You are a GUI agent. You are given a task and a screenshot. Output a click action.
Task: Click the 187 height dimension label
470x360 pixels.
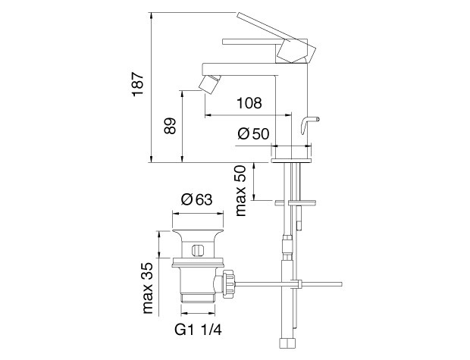[x=138, y=84]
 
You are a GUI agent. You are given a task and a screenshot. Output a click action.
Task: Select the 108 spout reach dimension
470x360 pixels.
[x=249, y=103]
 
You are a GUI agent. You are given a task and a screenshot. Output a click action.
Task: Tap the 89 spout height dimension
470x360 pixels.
[x=170, y=126]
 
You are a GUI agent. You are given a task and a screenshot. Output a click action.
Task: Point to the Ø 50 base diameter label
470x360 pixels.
[x=253, y=133]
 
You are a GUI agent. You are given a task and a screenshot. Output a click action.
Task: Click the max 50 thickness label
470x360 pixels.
[x=241, y=191]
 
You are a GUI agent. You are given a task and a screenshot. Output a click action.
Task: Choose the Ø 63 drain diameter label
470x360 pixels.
[x=196, y=199]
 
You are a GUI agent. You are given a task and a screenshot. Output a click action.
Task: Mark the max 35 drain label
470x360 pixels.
[x=148, y=288]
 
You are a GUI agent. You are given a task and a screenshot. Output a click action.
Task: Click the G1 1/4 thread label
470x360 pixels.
[x=198, y=330]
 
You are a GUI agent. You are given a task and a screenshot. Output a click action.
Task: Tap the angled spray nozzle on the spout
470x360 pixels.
[x=210, y=83]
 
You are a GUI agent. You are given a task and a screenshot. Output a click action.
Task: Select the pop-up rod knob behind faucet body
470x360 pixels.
[x=309, y=124]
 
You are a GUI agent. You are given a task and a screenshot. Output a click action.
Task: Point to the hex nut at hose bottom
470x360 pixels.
[x=288, y=343]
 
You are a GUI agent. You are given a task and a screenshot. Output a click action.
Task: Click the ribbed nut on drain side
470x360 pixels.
[x=228, y=283]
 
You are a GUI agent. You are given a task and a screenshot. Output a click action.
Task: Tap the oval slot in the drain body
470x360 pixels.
[x=198, y=250]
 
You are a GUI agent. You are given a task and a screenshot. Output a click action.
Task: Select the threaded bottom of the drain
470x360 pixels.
[x=198, y=297]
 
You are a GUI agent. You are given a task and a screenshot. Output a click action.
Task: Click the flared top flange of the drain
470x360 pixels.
[x=198, y=233]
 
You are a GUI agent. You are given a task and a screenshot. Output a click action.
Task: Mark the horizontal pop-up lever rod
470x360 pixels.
[x=288, y=283]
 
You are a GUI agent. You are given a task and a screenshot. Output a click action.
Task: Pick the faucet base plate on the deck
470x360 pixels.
[x=291, y=161]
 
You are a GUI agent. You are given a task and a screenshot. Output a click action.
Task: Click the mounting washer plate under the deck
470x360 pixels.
[x=295, y=203]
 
